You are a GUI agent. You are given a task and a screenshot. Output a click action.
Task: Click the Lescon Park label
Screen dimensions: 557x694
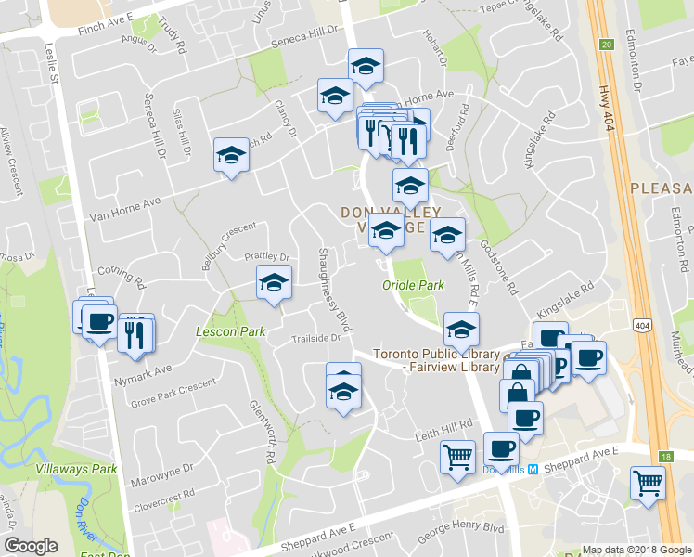(231, 331)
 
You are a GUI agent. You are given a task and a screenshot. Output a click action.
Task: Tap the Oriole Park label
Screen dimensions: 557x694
(413, 285)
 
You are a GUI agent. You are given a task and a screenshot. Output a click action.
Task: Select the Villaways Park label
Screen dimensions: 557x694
(76, 469)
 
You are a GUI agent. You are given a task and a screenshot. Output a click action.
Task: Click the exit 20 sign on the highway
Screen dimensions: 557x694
(606, 44)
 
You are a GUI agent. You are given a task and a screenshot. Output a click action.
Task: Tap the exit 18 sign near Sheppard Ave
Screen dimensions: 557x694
(665, 456)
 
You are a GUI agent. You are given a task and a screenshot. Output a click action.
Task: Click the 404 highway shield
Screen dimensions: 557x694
(641, 325)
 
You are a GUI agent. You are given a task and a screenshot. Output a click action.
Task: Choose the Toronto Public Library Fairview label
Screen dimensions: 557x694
(436, 360)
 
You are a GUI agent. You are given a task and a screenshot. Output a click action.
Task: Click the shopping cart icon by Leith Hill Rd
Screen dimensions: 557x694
(458, 457)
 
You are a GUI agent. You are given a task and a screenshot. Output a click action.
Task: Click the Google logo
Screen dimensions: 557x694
(32, 546)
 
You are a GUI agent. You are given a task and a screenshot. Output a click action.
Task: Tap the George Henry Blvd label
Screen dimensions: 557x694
(460, 532)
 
